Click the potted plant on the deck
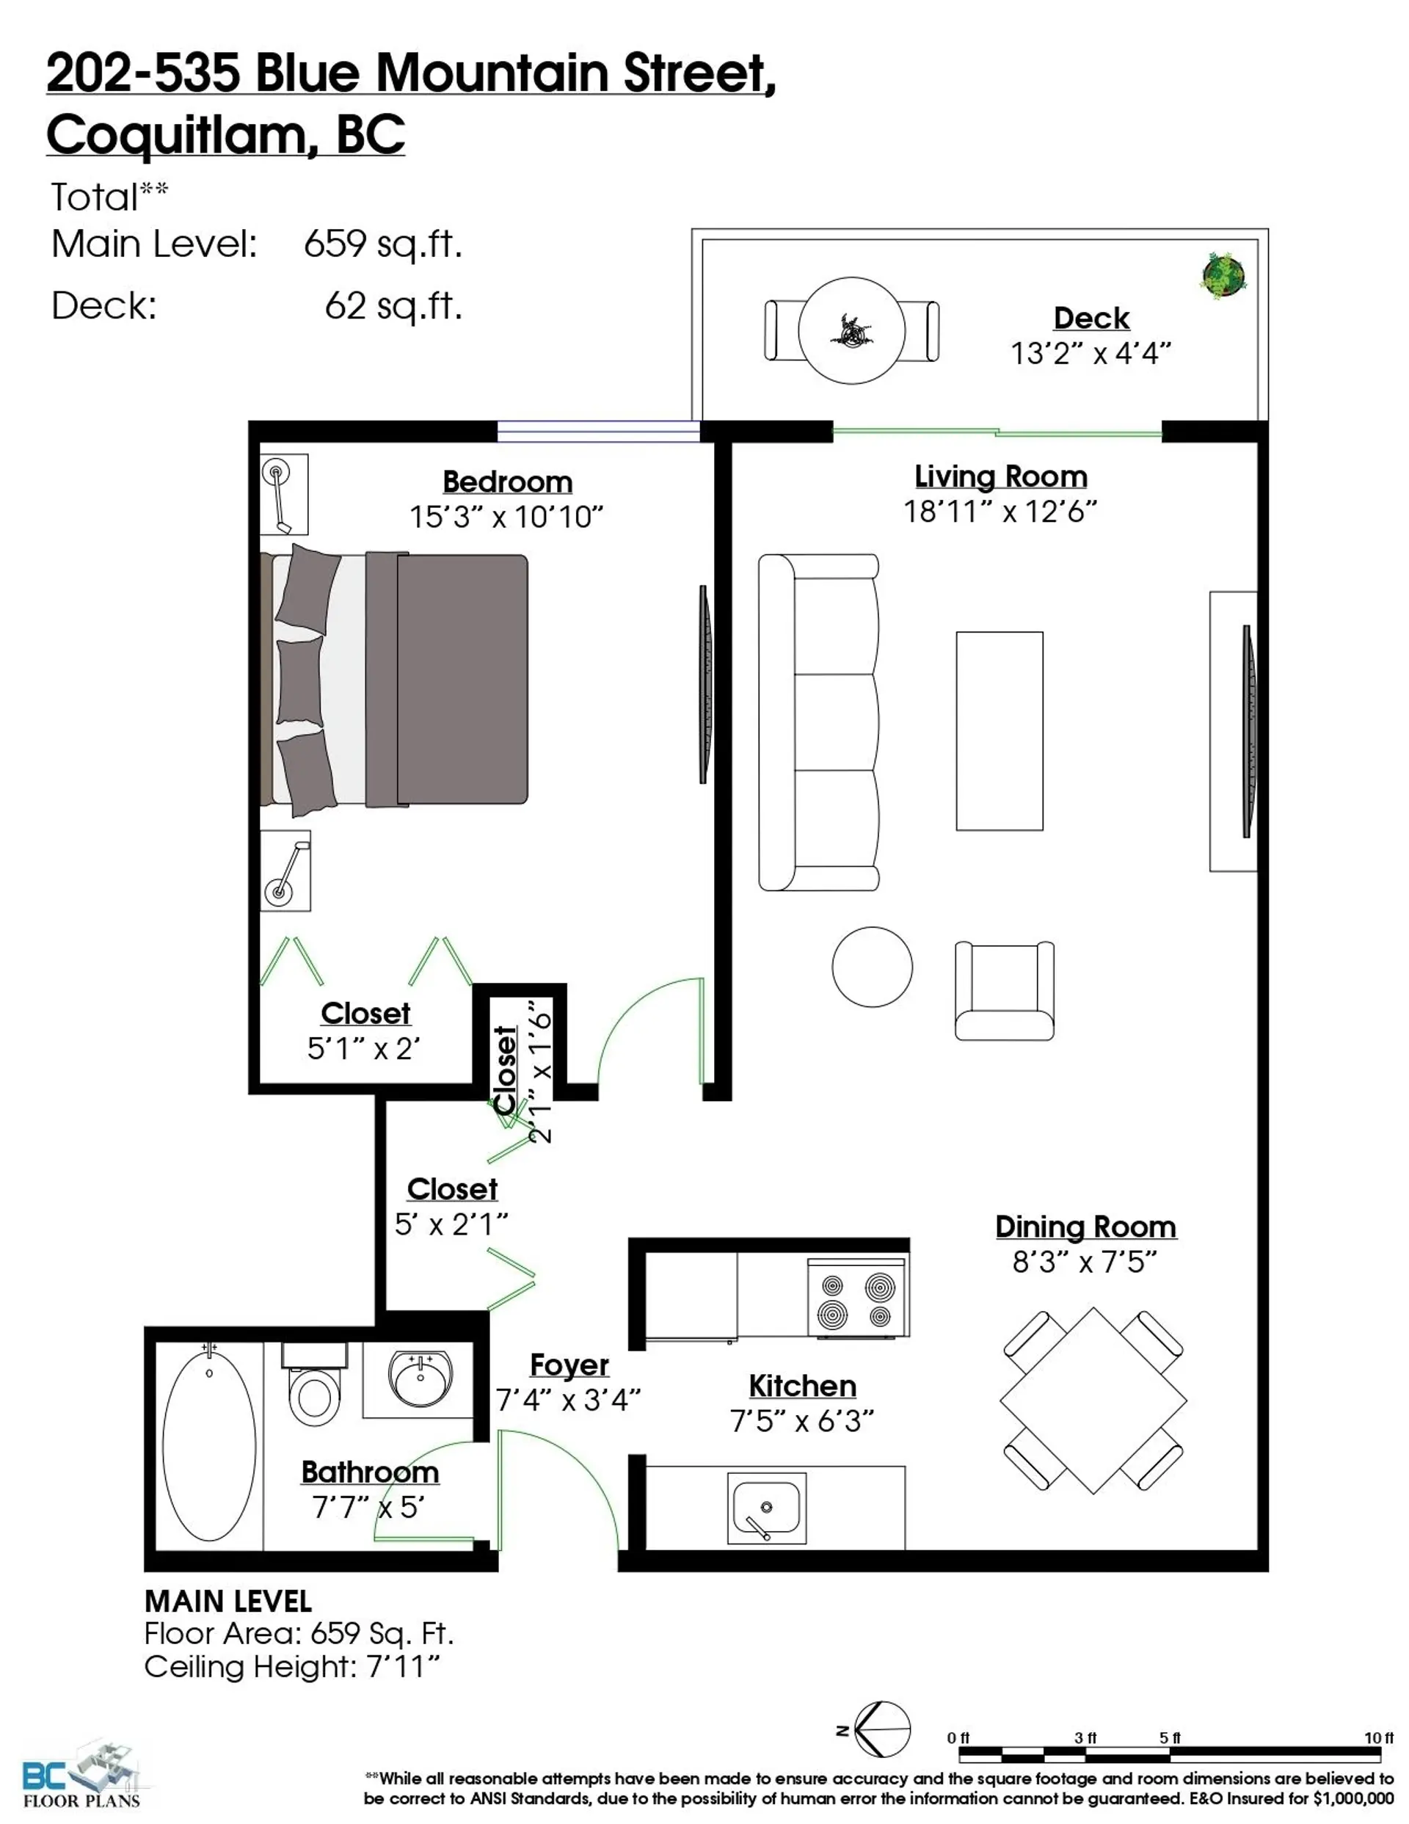[x=1223, y=275]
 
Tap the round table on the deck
[x=851, y=331]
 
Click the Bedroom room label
[x=507, y=482]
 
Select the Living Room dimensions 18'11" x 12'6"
[x=1000, y=511]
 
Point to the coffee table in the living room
[x=999, y=731]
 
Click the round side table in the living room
[x=872, y=966]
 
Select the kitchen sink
[x=766, y=1508]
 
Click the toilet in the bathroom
[x=313, y=1386]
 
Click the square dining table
[x=1093, y=1400]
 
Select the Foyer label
[x=569, y=1365]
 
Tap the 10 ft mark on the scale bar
[x=1378, y=1738]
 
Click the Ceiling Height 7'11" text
[x=291, y=1667]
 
